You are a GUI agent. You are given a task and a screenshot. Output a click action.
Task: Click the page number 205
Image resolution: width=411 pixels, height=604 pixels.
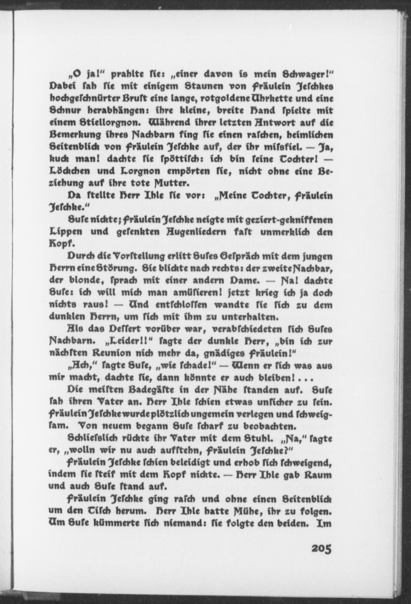[x=321, y=548]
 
